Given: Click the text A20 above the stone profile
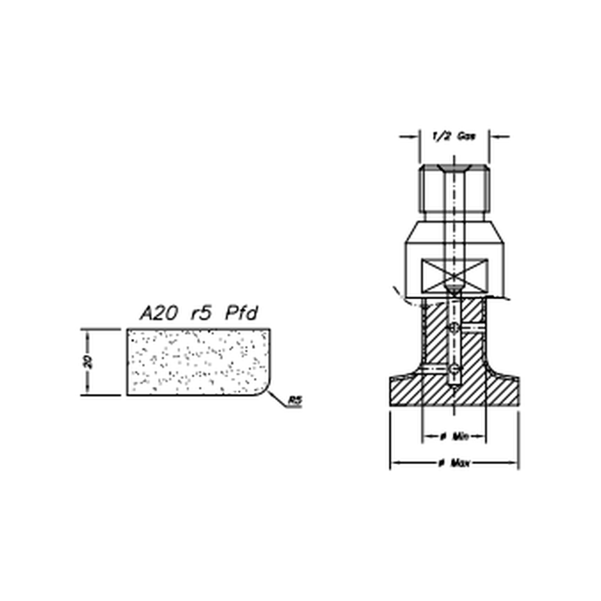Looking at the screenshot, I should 158,313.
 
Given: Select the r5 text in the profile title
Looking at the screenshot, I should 201,313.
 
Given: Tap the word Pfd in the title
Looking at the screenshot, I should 242,313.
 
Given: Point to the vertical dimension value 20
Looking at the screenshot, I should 88,362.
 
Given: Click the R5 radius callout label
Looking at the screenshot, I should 295,401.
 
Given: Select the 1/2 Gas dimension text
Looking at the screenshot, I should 454,136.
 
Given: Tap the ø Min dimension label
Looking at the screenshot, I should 454,436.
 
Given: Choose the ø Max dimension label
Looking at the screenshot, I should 454,463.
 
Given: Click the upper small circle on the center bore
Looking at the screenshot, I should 453,328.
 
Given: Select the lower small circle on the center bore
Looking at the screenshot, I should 454,369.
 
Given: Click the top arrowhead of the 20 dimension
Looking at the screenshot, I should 88,334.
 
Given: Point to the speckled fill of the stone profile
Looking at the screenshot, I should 194,362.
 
